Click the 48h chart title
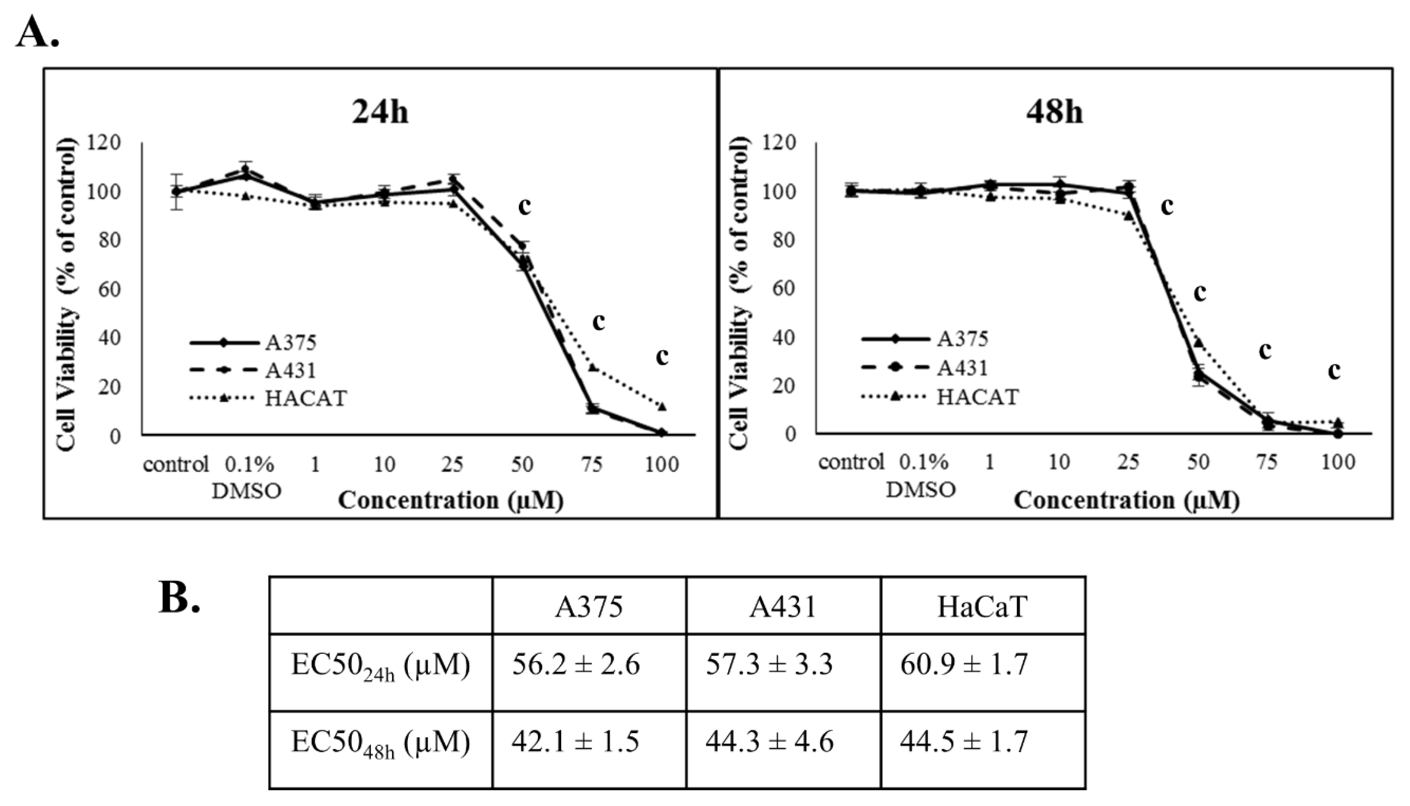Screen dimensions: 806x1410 click(x=1054, y=113)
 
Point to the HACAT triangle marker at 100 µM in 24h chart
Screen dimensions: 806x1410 click(x=662, y=407)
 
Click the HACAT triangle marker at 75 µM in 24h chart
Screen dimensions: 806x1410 click(x=593, y=367)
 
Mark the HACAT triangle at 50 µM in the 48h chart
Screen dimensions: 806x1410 click(x=1198, y=343)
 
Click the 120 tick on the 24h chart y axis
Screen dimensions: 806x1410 click(x=108, y=143)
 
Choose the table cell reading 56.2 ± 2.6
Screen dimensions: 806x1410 click(x=576, y=664)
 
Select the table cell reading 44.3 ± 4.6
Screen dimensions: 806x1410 click(x=770, y=742)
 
